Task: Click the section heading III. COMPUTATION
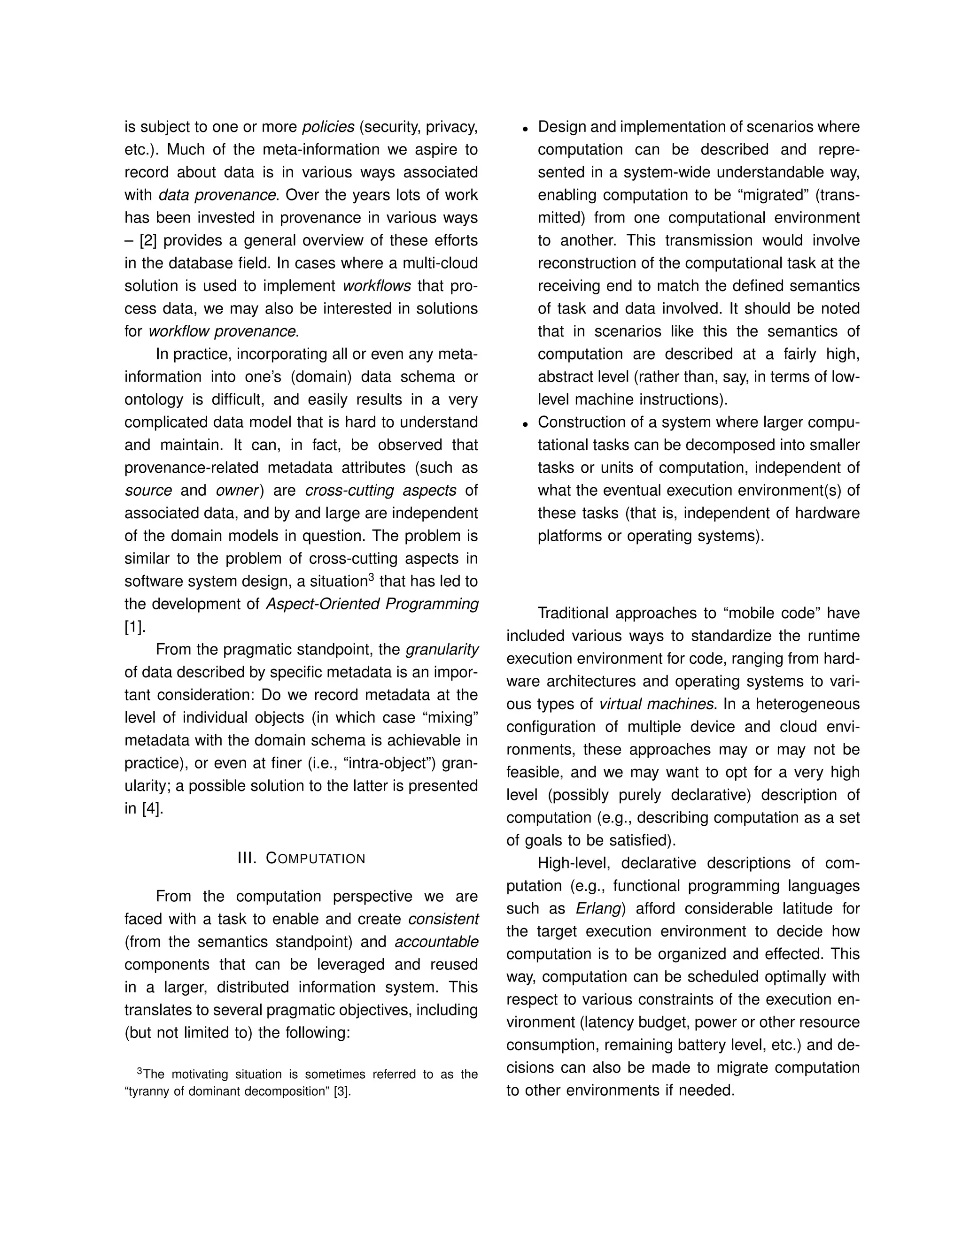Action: tap(301, 859)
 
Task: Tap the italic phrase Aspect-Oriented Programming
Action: tap(372, 604)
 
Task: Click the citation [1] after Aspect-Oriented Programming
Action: tap(134, 627)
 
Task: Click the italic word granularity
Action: tap(442, 650)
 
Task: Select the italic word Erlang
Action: tap(598, 908)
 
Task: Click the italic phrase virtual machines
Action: tap(656, 705)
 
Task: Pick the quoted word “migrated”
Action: tap(770, 195)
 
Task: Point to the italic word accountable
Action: tap(436, 942)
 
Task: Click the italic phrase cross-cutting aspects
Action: tap(380, 491)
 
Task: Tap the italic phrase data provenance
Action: tap(217, 195)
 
